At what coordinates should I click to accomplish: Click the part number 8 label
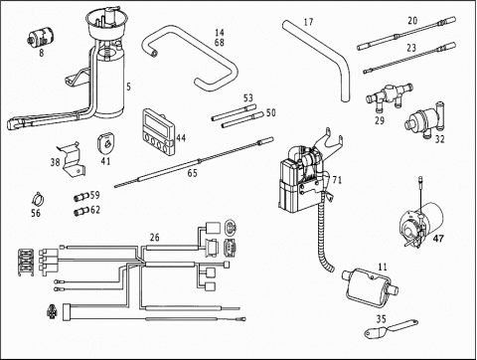(x=42, y=53)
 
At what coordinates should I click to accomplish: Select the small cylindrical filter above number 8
(x=40, y=38)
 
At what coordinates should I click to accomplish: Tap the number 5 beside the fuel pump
(x=128, y=87)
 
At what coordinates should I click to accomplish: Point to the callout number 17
(x=308, y=22)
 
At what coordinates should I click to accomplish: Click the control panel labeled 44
(x=159, y=131)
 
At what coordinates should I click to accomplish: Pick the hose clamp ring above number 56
(x=39, y=199)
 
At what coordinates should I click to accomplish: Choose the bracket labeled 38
(x=72, y=158)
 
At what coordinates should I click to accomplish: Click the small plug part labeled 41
(x=105, y=142)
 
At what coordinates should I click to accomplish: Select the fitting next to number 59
(x=80, y=197)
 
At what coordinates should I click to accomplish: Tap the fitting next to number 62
(x=80, y=211)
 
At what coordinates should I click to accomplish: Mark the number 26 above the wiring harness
(x=155, y=238)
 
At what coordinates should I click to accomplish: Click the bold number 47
(x=438, y=239)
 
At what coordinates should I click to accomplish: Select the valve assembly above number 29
(x=390, y=95)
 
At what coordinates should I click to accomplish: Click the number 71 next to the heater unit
(x=337, y=180)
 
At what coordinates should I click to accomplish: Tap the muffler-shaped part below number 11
(x=370, y=285)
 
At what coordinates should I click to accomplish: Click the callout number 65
(x=193, y=173)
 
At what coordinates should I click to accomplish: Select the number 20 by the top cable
(x=412, y=21)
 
